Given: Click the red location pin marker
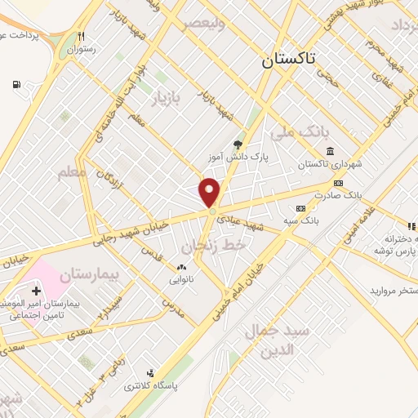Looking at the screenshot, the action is (x=210, y=193).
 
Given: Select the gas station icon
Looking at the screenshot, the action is (x=16, y=85).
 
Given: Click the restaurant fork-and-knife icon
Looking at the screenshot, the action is (x=81, y=36).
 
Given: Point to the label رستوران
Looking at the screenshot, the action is (x=81, y=49).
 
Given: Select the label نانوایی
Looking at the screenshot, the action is (x=181, y=279).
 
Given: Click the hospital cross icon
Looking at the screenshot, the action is (x=35, y=291).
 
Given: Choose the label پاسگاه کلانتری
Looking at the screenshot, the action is (x=146, y=385).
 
